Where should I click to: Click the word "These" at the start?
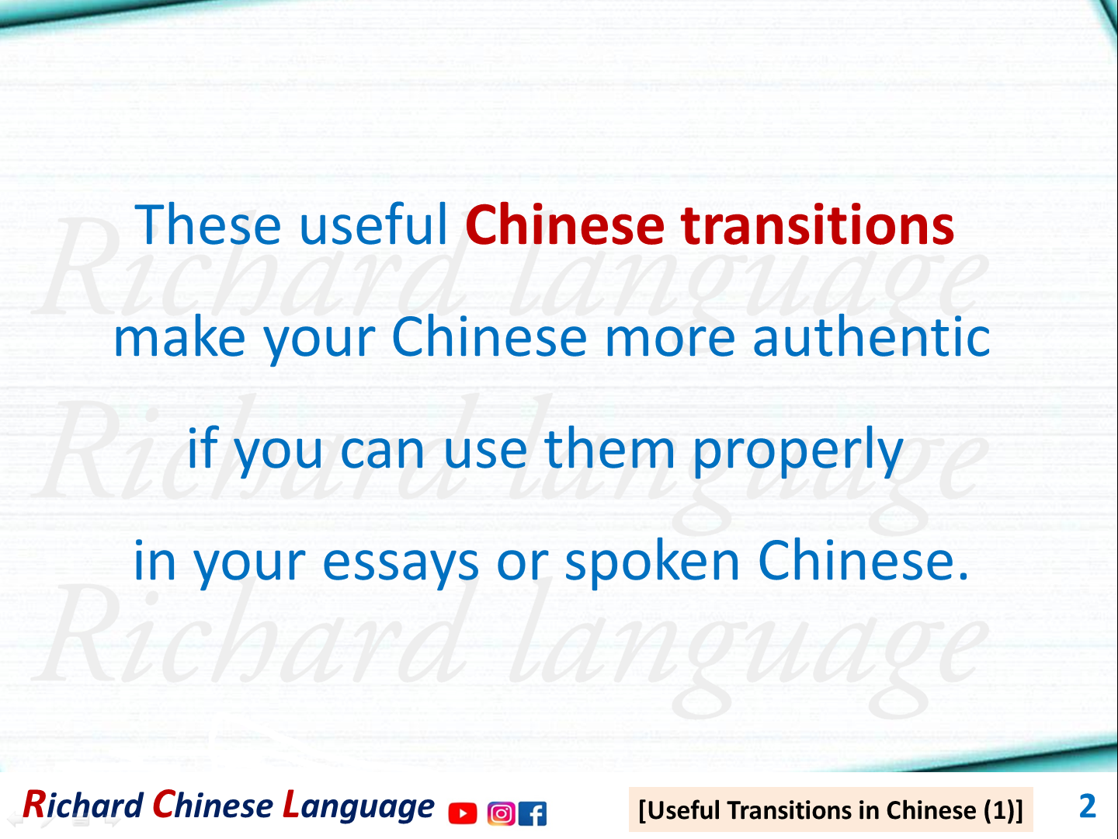tap(208, 225)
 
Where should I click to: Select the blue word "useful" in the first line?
tap(373, 225)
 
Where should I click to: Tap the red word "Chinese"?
tap(565, 225)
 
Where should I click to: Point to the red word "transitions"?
tap(818, 225)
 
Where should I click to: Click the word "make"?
tap(179, 338)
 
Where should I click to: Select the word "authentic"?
tap(871, 338)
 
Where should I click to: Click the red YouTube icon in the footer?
tap(463, 813)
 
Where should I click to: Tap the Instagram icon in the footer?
tap(501, 813)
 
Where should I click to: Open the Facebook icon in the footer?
tap(533, 813)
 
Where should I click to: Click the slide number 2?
tap(1087, 806)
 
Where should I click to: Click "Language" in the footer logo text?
tap(358, 806)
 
